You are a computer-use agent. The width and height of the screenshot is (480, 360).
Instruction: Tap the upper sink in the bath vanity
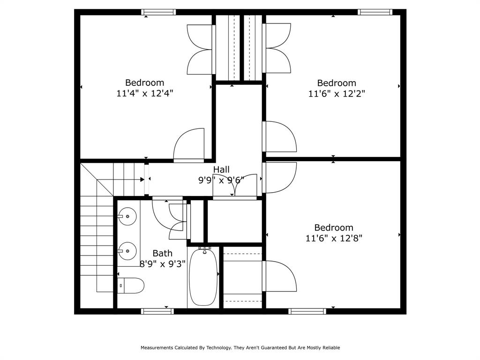[x=127, y=217]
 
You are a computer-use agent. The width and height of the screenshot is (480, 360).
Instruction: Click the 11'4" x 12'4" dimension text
[x=145, y=93]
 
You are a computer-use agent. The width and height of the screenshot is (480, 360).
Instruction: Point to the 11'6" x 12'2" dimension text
[x=337, y=93]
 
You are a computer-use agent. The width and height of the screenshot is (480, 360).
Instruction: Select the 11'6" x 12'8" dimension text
[x=334, y=238]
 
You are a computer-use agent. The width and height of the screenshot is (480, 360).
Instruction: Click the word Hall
[x=221, y=169]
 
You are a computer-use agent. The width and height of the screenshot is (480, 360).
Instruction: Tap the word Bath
[x=162, y=253]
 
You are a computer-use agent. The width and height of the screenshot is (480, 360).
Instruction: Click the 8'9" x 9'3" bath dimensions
[x=163, y=263]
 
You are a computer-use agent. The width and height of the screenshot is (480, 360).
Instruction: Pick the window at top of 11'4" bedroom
[x=159, y=12]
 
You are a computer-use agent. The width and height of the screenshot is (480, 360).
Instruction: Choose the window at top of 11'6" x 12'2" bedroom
[x=374, y=12]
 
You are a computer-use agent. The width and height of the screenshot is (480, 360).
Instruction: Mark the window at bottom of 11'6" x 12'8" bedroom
[x=307, y=311]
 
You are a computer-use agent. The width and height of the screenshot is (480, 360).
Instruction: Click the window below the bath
[x=157, y=311]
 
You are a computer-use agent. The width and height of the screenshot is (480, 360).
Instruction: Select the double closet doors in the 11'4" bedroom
[x=201, y=49]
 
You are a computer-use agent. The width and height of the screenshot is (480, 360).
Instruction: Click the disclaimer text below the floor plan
[x=240, y=348]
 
